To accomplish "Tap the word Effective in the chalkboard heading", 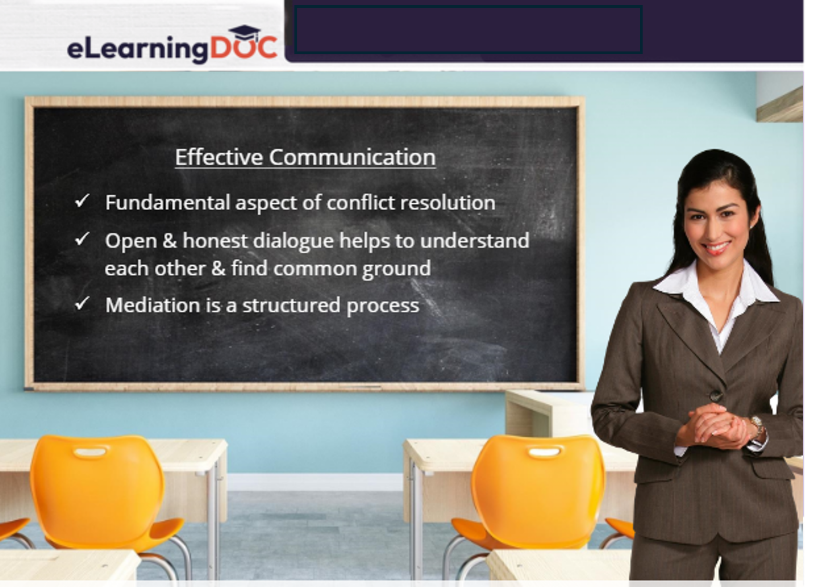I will [x=219, y=157].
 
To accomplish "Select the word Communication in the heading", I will [x=352, y=157].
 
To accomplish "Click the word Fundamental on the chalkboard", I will [x=167, y=202].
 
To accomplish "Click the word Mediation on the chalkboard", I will [x=152, y=305].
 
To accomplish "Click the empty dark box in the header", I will [x=468, y=30].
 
